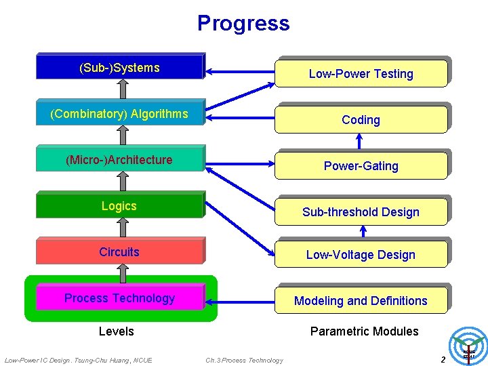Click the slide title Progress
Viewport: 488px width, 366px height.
[x=243, y=24]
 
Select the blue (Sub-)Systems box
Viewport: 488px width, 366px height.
[x=119, y=67]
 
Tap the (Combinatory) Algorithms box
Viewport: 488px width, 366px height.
[x=119, y=113]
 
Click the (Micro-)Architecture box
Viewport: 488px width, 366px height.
[x=119, y=160]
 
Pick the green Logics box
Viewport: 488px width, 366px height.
[x=119, y=206]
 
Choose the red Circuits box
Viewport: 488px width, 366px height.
[x=119, y=252]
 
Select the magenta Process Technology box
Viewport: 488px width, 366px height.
[x=119, y=298]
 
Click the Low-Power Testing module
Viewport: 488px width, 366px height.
[x=361, y=74]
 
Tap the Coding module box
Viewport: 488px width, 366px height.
[x=361, y=120]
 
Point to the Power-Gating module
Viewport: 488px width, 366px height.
[x=361, y=166]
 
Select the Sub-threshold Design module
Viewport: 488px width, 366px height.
[x=361, y=212]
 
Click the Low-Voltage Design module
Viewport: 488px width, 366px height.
[x=361, y=255]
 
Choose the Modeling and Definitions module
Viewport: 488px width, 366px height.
[x=361, y=301]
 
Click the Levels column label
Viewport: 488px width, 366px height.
[x=117, y=331]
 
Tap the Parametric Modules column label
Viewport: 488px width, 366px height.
[x=364, y=331]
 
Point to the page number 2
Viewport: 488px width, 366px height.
[x=443, y=359]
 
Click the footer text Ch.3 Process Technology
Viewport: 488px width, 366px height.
[x=244, y=360]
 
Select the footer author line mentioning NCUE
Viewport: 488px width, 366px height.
[x=78, y=360]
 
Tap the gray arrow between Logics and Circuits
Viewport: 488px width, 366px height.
[x=122, y=228]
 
